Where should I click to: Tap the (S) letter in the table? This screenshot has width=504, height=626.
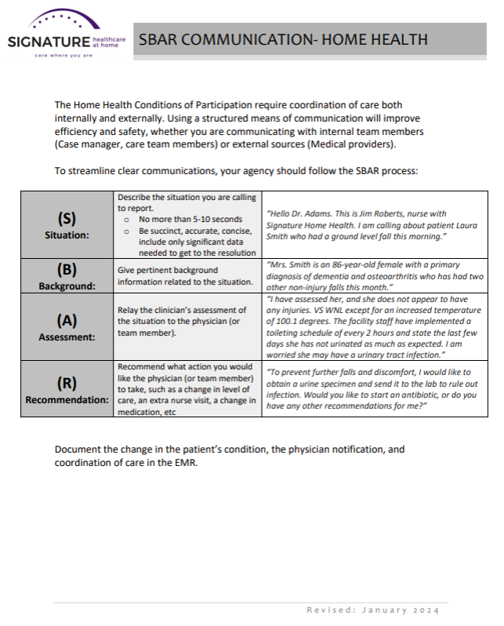point(66,220)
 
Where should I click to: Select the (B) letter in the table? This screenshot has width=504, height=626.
point(66,270)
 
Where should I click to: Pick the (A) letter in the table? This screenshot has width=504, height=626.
point(66,320)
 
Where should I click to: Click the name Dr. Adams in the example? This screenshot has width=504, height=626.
point(309,213)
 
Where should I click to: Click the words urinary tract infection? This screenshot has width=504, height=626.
point(401,355)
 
